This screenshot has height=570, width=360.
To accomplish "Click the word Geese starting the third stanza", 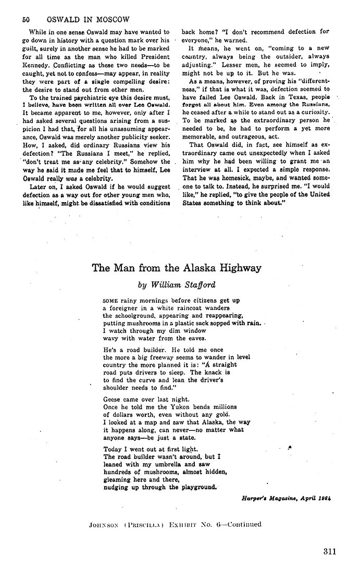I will pos(113,399).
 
